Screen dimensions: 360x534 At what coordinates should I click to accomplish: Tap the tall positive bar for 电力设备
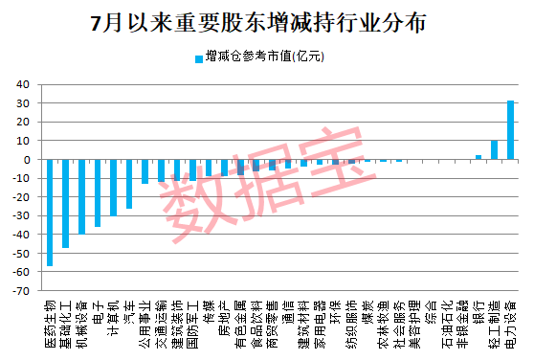point(510,130)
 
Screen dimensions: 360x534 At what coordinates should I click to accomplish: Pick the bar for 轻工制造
point(494,150)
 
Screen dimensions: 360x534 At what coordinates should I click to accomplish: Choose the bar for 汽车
point(129,184)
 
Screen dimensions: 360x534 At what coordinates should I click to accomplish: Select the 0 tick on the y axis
point(27,159)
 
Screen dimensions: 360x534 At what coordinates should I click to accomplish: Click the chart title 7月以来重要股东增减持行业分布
point(265,21)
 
